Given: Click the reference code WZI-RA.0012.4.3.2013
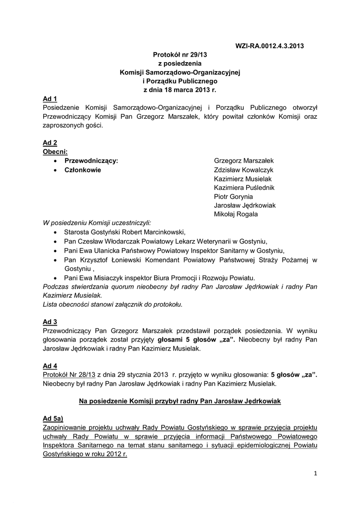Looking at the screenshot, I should pos(269,46).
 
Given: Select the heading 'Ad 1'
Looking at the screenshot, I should pos(50,99).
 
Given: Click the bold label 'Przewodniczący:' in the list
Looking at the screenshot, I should pos(91,161).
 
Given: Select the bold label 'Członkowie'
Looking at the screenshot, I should pos(83,170).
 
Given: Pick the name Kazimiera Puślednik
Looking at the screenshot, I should pos(244,187).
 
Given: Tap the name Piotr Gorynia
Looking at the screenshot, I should pos(233,196).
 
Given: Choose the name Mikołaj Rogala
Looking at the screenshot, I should pos(236,214).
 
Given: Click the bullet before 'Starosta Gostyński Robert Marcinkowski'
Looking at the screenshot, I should pos(55,232).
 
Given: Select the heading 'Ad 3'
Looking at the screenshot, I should pos(50,322).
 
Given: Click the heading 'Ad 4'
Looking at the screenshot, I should pos(50,366).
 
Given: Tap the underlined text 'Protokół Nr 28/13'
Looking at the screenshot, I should pos(69,375).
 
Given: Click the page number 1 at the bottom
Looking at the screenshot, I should pos(315,473).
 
